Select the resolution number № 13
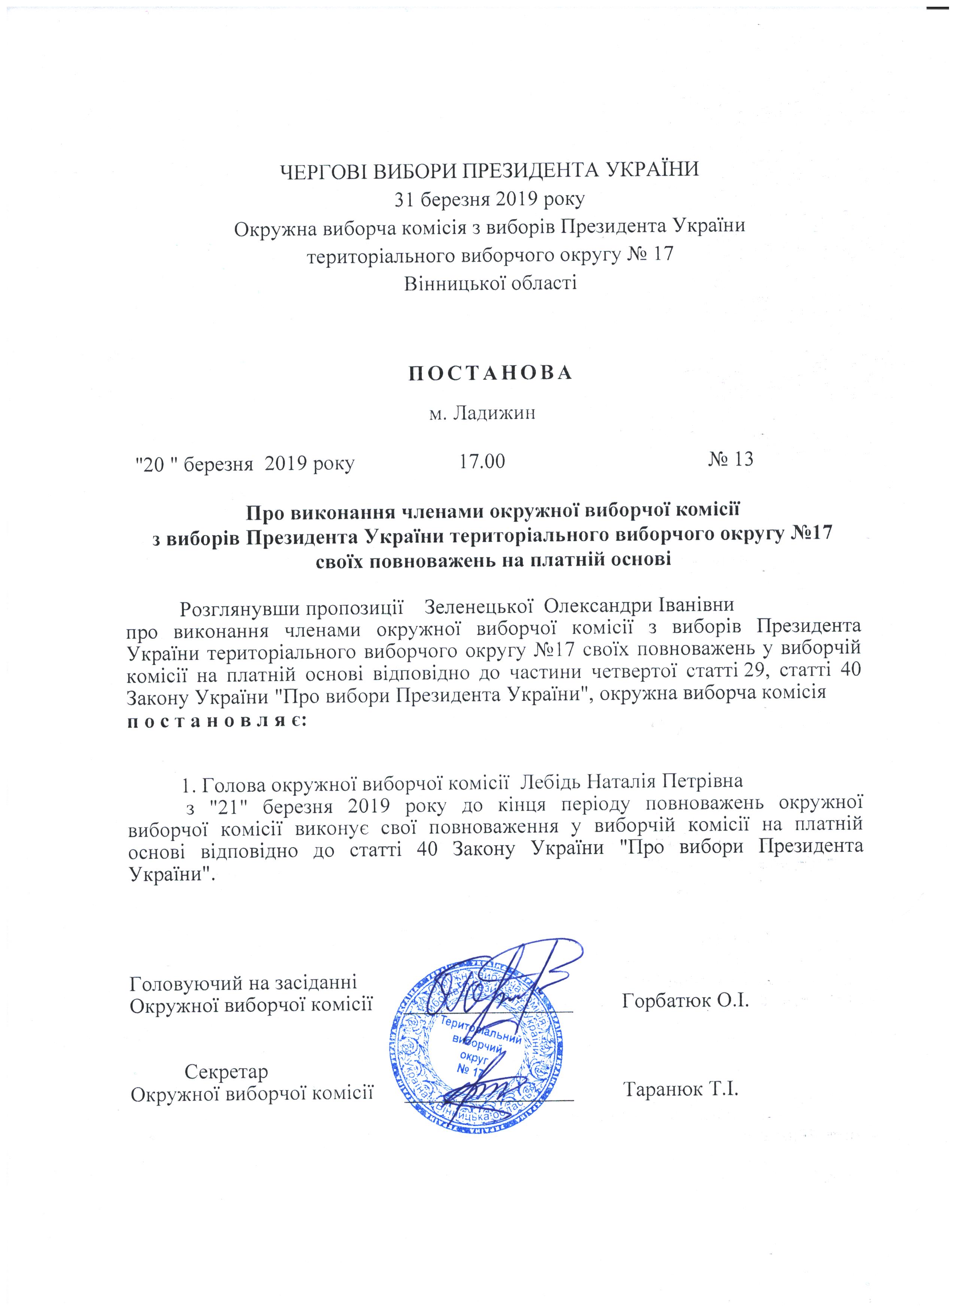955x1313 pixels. [x=731, y=460]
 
